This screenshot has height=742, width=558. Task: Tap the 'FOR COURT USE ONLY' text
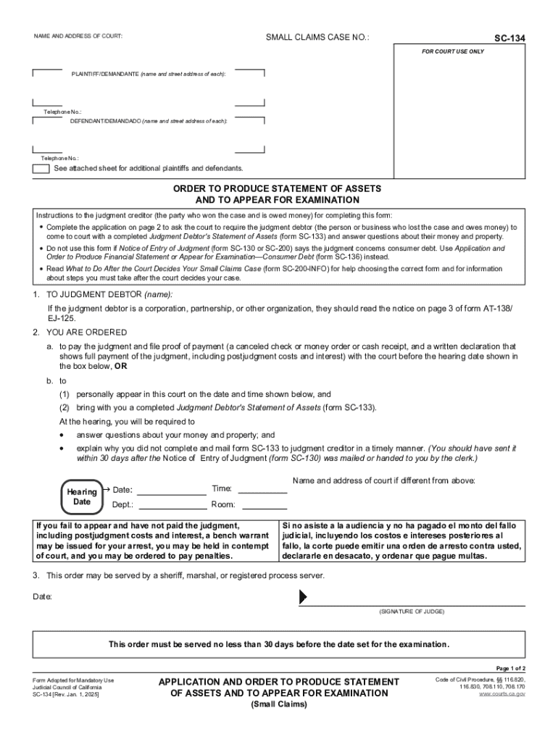(x=454, y=52)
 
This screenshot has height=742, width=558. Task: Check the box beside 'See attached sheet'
(x=41, y=168)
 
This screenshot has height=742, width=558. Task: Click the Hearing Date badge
(x=82, y=496)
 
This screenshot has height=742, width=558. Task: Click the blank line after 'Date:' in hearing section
(x=172, y=490)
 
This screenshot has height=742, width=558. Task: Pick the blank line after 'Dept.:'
(x=172, y=505)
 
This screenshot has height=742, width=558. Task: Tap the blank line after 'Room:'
(x=262, y=505)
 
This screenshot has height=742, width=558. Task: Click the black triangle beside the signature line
(x=304, y=596)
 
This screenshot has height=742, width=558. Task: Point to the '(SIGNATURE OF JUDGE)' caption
(x=412, y=612)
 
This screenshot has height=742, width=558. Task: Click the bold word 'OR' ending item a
(x=120, y=366)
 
